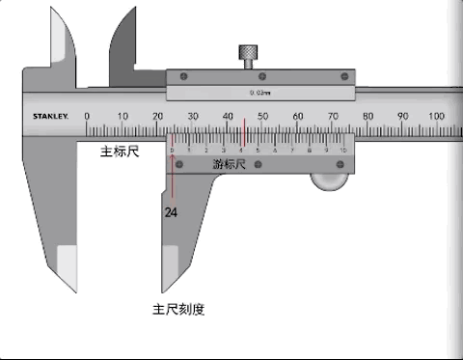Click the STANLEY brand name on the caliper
(x=50, y=117)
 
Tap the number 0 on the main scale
(x=88, y=116)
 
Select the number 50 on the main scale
(x=262, y=116)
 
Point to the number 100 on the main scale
(x=436, y=116)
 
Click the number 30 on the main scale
(x=193, y=116)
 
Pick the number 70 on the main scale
(x=332, y=116)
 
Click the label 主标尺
(x=122, y=152)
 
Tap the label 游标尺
(x=230, y=164)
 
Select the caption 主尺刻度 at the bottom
(x=178, y=310)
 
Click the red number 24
(x=171, y=211)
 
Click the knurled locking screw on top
(x=250, y=56)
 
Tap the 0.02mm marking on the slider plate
(x=259, y=93)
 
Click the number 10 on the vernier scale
(x=342, y=151)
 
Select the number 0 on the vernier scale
(x=173, y=151)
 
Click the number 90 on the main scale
(x=401, y=116)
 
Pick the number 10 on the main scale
(x=123, y=116)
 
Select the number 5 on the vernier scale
(x=258, y=151)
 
